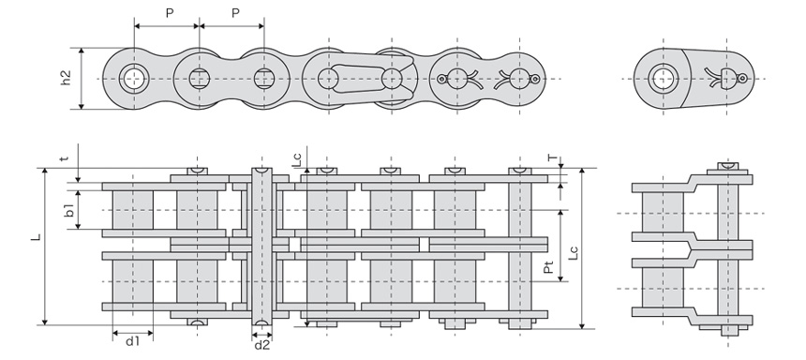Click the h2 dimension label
(66, 78)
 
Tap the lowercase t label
(64, 158)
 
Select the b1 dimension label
(68, 210)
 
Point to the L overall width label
(36, 237)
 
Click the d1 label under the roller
(133, 341)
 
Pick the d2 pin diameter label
(262, 345)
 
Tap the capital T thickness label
(552, 158)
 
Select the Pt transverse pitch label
(549, 266)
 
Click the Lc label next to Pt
(574, 252)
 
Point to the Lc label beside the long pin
(297, 159)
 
